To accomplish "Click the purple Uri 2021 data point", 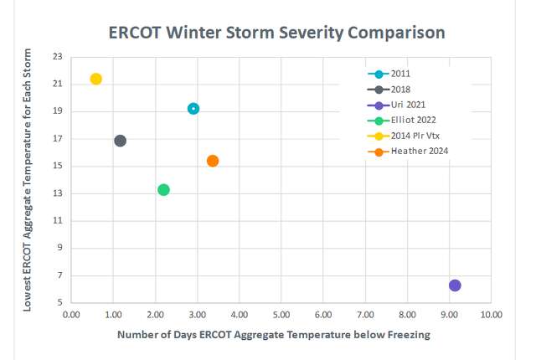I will [455, 285].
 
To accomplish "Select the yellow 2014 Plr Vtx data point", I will [96, 79].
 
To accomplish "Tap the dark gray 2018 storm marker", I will [120, 141].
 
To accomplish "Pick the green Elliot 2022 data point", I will [163, 189].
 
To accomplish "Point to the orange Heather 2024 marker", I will [213, 161].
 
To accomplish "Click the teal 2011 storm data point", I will [193, 109].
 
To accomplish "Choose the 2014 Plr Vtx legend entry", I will [417, 136].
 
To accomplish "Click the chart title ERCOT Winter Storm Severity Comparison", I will [277, 33].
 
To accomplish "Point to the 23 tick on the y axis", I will [57, 57].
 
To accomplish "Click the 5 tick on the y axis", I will [59, 303].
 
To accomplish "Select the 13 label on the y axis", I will [57, 193].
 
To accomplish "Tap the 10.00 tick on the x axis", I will [491, 316].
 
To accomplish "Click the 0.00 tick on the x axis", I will [71, 316].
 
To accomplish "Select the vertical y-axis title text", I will [27, 179].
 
